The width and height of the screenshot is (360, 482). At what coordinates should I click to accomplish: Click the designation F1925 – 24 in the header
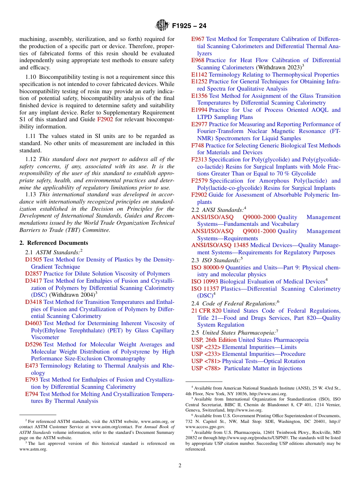pos(189,26)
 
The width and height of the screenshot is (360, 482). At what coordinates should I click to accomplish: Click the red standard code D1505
pos(34,260)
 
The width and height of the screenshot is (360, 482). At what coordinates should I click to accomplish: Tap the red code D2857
pos(34,274)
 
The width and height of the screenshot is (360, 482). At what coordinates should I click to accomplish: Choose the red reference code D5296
pos(34,344)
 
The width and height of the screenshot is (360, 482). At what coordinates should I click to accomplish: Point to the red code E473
pos(32,366)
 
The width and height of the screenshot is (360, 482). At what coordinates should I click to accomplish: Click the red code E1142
pos(199,75)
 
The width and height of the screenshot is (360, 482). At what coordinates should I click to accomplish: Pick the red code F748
pos(197,146)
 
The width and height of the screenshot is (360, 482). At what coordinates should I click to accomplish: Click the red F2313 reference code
pos(199,160)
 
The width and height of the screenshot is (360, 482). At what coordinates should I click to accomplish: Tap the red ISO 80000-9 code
pos(208,268)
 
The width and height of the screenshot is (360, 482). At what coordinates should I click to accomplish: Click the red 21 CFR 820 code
pos(206,311)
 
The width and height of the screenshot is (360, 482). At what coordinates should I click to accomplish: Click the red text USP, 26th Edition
pos(214,340)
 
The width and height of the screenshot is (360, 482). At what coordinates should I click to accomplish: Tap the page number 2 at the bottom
pos(180,466)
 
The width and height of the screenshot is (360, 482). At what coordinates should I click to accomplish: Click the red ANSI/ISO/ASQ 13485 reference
pos(220,245)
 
